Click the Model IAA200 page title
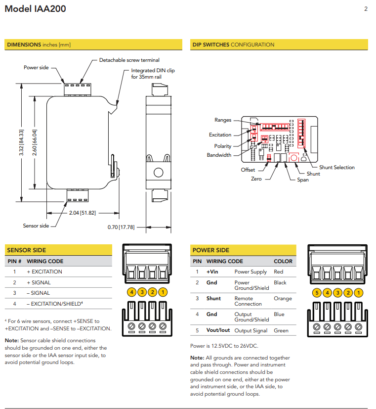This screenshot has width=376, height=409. pos(35,9)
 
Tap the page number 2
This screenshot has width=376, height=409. pos(366,9)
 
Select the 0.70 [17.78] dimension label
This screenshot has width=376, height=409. pos(121,227)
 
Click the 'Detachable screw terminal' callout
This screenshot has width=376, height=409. pos(129,60)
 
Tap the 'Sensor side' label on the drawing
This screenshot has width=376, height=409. pos(36,226)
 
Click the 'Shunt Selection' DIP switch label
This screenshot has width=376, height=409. pos(336,167)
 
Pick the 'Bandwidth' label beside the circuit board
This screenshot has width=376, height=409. pos(219,155)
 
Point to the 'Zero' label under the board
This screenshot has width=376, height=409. pos(256,179)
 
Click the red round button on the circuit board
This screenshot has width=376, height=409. pos(293,158)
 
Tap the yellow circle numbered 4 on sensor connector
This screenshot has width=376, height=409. pos(131,292)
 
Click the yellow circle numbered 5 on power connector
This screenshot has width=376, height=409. pos(316,292)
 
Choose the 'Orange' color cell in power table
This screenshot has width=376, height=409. pos(283,298)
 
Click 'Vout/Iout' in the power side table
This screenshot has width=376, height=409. pos(218,330)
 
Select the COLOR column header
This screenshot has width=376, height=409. pos(283,261)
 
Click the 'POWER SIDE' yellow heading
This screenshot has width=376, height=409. pos(211,250)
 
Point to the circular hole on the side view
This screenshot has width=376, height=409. pos(158,173)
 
